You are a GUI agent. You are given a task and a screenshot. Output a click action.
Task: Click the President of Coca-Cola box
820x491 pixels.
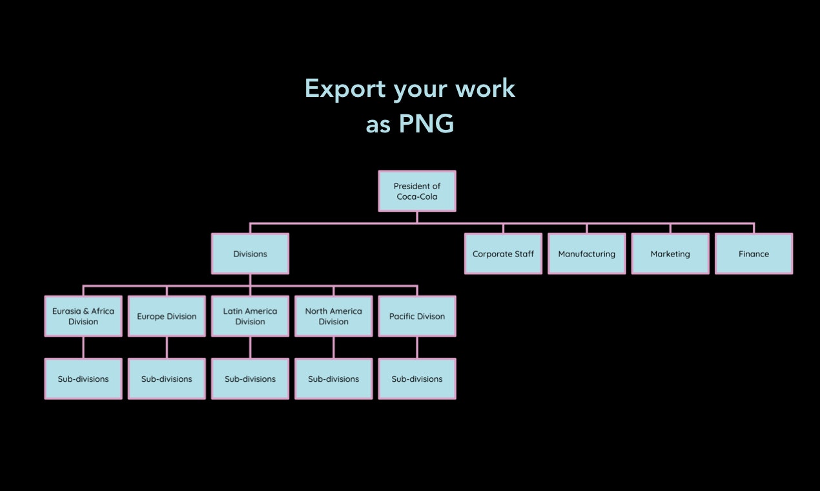[416, 191]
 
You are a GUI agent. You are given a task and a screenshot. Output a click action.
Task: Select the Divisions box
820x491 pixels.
[250, 254]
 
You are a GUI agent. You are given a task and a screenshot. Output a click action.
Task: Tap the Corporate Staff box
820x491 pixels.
[503, 254]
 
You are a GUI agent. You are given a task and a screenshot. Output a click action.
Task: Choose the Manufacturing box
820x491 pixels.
[586, 254]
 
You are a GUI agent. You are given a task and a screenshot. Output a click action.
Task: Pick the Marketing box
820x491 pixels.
[670, 254]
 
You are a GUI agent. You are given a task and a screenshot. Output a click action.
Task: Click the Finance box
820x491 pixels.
[753, 254]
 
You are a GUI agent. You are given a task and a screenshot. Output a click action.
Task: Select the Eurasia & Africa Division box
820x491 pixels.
[83, 316]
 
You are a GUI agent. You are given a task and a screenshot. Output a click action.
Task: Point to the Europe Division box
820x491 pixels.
[167, 316]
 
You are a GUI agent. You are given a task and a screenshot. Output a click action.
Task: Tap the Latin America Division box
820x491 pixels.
[250, 316]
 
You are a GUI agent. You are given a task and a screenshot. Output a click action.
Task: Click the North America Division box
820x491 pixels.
[333, 316]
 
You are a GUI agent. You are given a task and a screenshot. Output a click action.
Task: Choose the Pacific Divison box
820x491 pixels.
[416, 316]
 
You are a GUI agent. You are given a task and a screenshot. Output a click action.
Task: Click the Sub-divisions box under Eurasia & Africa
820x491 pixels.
[83, 379]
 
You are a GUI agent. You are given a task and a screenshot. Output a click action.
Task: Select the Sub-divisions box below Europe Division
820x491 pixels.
[167, 379]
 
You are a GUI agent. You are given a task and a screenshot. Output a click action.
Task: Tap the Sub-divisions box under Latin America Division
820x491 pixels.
[250, 379]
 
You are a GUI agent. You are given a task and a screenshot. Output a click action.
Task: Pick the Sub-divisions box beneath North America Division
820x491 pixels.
[333, 379]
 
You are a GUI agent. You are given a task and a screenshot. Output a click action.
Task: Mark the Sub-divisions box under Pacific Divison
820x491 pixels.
[416, 379]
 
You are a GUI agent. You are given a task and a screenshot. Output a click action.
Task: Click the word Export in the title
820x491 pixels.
[345, 89]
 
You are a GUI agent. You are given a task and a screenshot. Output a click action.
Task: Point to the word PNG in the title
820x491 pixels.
[426, 123]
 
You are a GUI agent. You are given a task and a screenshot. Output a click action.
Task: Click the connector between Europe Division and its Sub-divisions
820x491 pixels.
[167, 348]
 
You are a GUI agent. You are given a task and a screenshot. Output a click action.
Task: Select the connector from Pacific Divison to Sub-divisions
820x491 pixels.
[416, 348]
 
